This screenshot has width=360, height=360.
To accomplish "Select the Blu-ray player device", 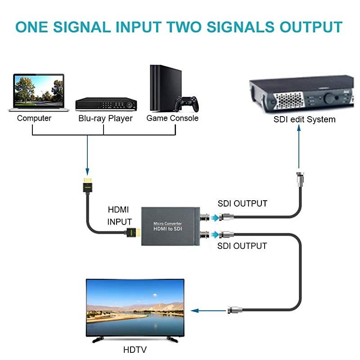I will coord(105,103).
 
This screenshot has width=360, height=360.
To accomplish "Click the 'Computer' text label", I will coord(34,118).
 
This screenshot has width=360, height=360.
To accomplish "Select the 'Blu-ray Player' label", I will coord(105,118).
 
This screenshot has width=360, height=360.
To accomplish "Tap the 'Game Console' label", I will coord(172,118).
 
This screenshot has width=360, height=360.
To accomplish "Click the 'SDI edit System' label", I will coord(304,119).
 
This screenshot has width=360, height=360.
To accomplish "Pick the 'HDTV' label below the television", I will coord(135,350).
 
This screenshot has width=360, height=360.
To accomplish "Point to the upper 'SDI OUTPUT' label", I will coord(242,203).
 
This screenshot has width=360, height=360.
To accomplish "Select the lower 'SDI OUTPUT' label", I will coord(242,246).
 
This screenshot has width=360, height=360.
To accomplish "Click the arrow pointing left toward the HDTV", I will coord(207,310).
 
